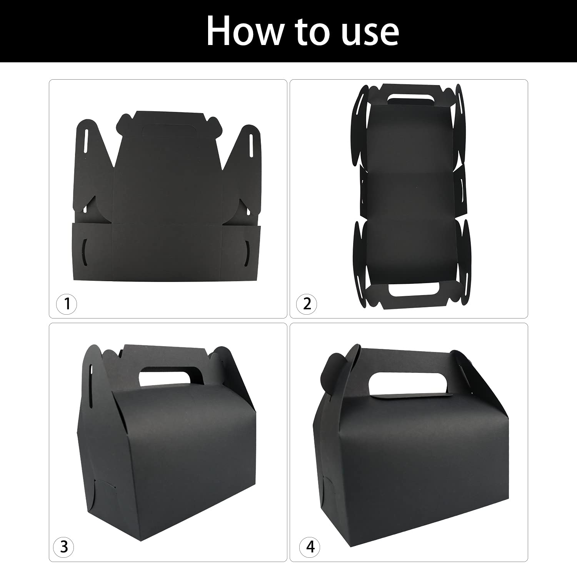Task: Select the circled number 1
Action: (67, 303)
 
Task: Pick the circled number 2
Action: (307, 303)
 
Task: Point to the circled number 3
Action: (64, 547)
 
